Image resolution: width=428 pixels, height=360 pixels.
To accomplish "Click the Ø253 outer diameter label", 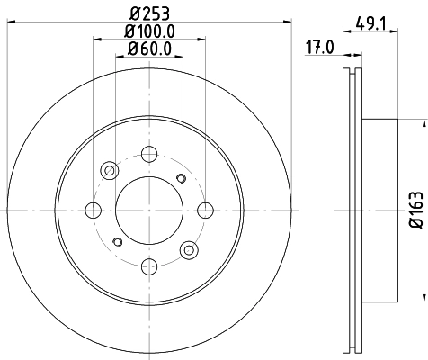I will [x=149, y=12].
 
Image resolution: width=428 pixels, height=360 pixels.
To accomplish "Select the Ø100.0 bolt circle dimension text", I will [x=149, y=30].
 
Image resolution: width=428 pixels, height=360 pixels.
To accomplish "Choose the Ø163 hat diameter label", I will [x=415, y=209].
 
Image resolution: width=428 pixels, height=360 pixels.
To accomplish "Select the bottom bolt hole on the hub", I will [x=149, y=267].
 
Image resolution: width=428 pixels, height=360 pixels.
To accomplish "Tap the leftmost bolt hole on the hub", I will [x=92, y=211].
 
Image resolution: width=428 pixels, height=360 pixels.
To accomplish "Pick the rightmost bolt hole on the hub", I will [x=206, y=211].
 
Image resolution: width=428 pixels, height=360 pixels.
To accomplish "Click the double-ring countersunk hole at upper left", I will [x=110, y=170].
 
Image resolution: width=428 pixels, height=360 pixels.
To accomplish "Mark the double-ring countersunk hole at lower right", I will [x=189, y=250].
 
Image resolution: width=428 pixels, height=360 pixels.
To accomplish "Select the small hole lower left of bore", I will [x=118, y=242].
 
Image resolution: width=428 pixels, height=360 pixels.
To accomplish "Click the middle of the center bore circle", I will [x=149, y=211].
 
